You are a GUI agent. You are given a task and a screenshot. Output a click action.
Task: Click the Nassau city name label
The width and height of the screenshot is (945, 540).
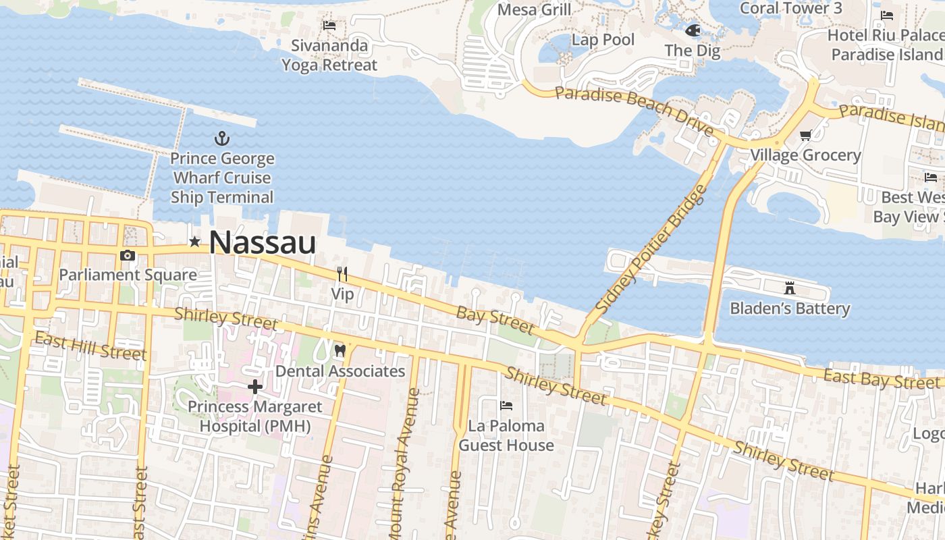click(x=262, y=242)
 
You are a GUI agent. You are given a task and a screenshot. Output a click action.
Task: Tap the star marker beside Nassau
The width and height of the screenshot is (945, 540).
click(x=195, y=241)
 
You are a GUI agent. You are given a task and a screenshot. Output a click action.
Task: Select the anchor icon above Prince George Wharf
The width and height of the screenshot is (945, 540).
click(x=222, y=139)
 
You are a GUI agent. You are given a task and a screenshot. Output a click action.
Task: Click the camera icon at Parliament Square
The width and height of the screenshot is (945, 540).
click(x=128, y=255)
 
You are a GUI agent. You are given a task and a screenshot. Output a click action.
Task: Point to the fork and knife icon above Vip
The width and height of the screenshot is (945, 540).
click(x=342, y=273)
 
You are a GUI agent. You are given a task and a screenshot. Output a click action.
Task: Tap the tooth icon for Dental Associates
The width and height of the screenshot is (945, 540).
click(x=340, y=350)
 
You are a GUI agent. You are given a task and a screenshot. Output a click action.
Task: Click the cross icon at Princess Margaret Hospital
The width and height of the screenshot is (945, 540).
click(x=254, y=387)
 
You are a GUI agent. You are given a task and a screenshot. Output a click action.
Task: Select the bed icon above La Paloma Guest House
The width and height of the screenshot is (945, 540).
click(x=506, y=405)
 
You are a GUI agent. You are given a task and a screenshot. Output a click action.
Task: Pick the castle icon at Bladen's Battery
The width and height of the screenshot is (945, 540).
click(x=789, y=288)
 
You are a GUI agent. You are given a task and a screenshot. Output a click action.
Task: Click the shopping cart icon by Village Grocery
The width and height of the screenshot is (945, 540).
click(x=805, y=136)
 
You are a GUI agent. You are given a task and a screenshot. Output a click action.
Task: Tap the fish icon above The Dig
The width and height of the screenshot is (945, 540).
click(x=692, y=30)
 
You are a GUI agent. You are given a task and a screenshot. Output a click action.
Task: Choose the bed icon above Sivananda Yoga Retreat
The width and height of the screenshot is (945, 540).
click(x=329, y=26)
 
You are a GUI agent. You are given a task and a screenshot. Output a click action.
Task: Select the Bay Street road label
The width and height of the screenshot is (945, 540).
click(x=495, y=320)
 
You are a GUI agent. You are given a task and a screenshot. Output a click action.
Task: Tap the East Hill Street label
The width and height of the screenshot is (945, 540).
click(x=90, y=346)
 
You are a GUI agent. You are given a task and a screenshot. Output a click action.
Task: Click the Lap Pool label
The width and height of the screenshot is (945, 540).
click(x=603, y=40)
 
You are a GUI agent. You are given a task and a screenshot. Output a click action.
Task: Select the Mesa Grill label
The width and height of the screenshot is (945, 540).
click(x=534, y=9)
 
